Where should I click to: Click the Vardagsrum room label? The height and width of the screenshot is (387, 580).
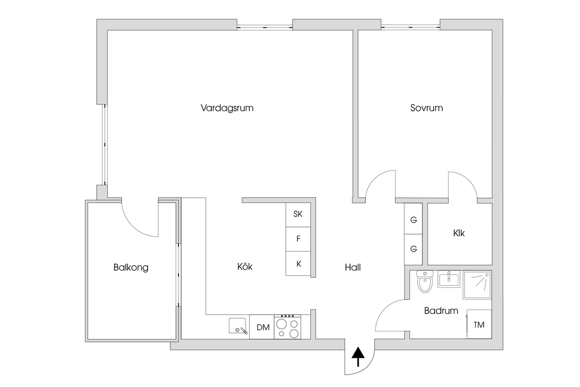[227, 108]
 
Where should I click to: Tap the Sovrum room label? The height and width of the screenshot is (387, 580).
[427, 108]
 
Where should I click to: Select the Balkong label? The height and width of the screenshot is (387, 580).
[131, 267]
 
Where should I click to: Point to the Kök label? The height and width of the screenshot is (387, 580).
[245, 267]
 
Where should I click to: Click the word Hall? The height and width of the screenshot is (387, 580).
[352, 267]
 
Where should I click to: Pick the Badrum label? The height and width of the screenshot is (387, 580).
[441, 311]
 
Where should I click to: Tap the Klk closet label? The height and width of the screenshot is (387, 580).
[459, 233]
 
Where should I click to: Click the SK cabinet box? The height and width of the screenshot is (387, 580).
[298, 214]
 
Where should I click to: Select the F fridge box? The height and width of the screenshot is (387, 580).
[298, 239]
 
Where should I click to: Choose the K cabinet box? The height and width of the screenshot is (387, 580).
[298, 263]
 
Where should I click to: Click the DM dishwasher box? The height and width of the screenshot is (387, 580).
[262, 327]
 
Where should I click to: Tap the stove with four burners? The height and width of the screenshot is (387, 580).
[287, 327]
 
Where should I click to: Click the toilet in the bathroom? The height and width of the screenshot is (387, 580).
[425, 280]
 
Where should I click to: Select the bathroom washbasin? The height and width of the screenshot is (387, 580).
[449, 279]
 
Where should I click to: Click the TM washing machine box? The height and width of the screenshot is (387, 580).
[479, 325]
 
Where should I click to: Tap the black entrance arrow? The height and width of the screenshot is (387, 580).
[358, 357]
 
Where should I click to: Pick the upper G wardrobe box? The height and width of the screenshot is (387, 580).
[413, 220]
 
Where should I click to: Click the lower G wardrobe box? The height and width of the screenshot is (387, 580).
[413, 249]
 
